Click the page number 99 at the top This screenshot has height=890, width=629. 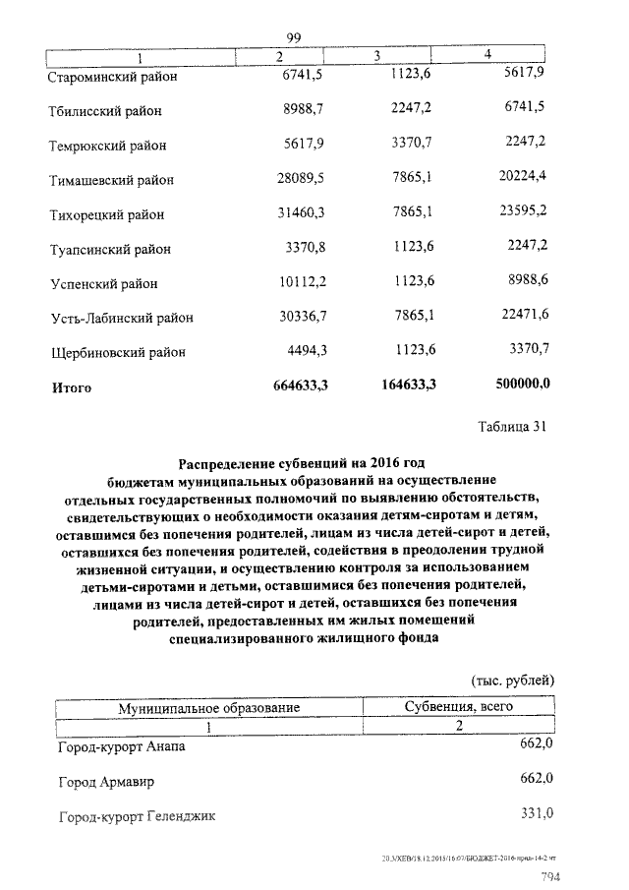(293, 37)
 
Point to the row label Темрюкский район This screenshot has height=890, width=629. (107, 146)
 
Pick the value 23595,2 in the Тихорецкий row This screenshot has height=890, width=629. (520, 212)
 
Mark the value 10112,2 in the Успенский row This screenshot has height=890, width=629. (301, 283)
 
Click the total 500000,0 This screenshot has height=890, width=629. (519, 386)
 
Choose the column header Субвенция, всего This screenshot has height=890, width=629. (459, 708)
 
